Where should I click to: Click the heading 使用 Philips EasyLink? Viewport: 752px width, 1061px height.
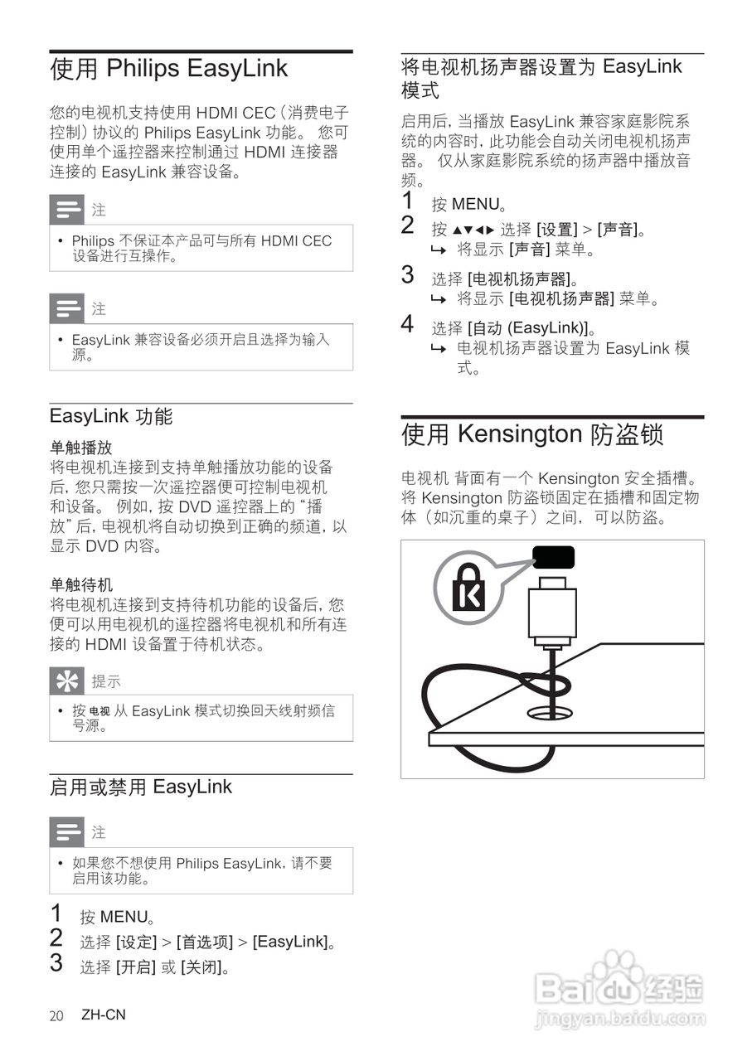tap(168, 69)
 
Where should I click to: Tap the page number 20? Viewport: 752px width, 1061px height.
tap(56, 1015)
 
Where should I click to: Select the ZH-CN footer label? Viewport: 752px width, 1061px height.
tap(104, 1015)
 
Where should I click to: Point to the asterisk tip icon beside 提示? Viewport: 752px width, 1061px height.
tap(66, 681)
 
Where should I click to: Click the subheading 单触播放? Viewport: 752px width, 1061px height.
tap(80, 448)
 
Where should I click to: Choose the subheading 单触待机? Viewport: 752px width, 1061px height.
tap(80, 585)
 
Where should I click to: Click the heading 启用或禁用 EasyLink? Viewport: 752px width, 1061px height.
tap(141, 787)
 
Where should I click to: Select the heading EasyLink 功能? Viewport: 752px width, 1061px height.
tap(111, 416)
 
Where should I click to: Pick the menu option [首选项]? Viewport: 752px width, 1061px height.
tap(205, 942)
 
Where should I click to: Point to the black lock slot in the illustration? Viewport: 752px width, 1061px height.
tap(552, 557)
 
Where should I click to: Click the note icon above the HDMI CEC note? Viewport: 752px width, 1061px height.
tap(66, 210)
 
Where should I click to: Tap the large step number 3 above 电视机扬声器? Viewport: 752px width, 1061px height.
tap(407, 274)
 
